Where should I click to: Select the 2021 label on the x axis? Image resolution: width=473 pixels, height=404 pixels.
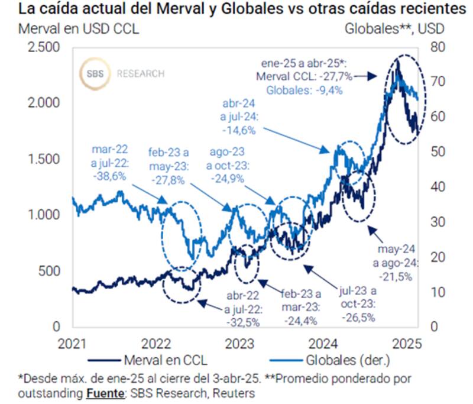72,343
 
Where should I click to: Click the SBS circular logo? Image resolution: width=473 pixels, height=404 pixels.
95,74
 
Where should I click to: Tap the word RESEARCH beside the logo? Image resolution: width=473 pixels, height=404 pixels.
141,74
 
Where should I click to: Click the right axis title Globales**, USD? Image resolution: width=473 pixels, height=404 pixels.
394,28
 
